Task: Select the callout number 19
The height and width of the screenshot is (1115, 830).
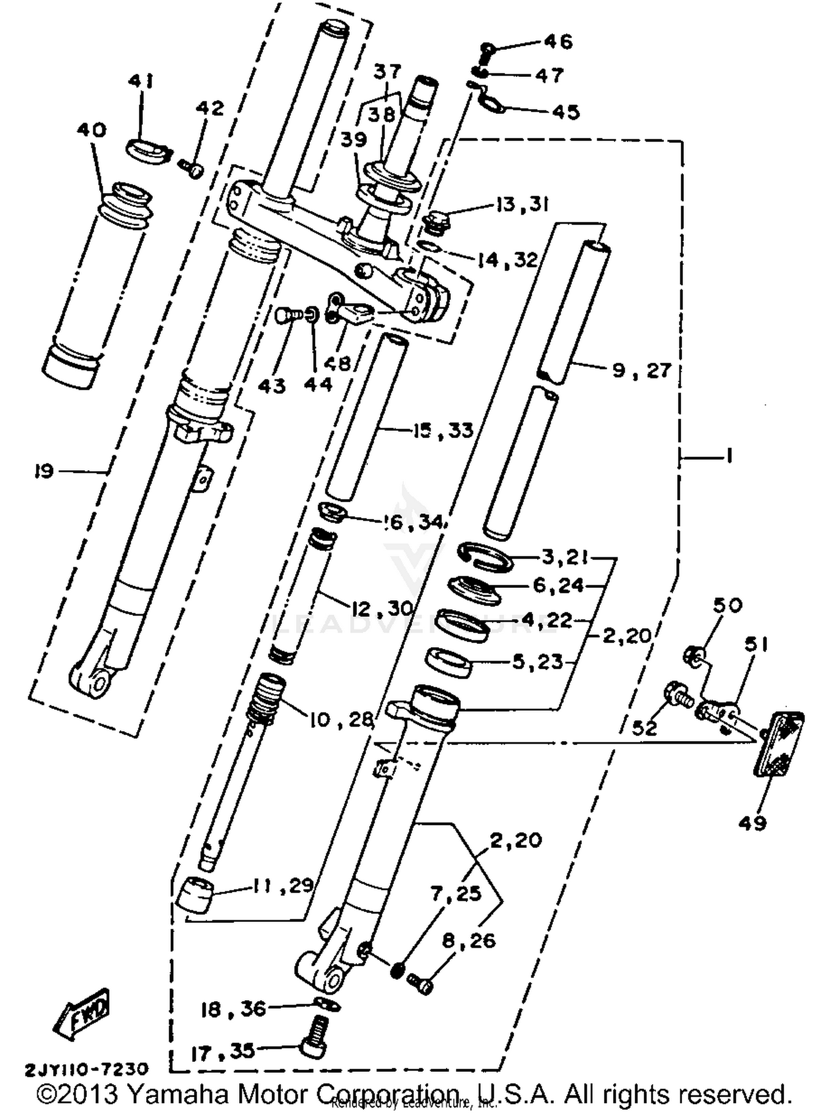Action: (44, 471)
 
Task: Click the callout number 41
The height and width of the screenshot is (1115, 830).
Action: (141, 82)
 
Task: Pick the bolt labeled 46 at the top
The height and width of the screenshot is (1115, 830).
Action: (486, 51)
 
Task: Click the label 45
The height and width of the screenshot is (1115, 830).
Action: (566, 112)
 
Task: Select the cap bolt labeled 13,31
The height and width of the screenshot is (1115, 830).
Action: (438, 221)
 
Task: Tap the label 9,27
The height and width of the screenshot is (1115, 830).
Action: (642, 370)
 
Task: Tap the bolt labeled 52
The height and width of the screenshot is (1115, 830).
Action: (676, 693)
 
